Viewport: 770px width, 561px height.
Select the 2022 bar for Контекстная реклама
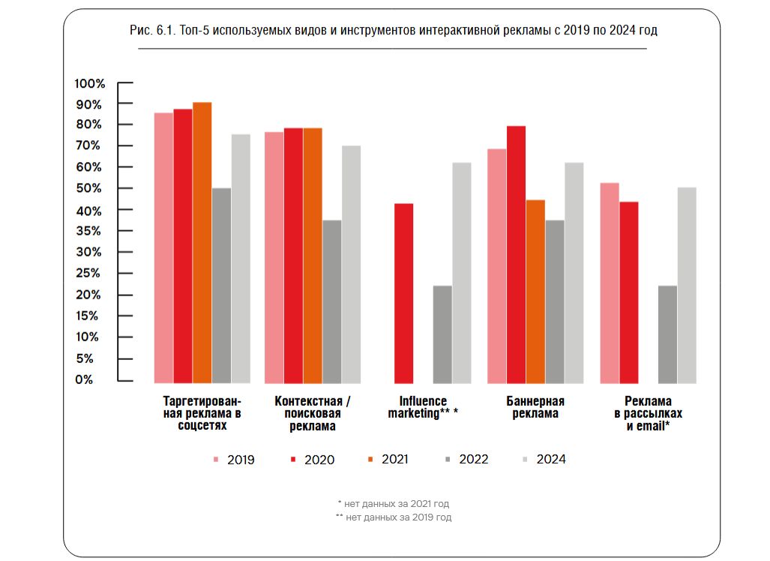(332, 301)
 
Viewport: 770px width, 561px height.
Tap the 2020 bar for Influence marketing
(404, 293)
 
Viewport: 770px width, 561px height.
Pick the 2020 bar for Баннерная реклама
(516, 254)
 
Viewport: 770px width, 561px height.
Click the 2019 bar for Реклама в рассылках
(610, 283)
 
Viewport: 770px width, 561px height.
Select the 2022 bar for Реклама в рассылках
(667, 334)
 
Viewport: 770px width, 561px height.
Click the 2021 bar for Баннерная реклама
(535, 292)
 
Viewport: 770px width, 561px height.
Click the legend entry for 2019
(234, 460)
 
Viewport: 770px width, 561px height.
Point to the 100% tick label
(90, 83)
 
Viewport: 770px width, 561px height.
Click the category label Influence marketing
(423, 407)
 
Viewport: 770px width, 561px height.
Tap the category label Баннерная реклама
(535, 407)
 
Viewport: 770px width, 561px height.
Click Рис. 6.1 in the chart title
(151, 31)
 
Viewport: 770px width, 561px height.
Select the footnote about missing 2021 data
(394, 503)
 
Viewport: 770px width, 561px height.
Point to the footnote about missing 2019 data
(394, 517)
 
